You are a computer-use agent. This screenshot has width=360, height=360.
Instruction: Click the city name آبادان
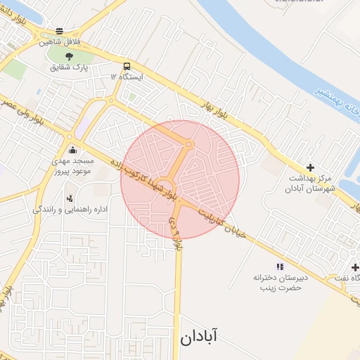pyautogui.click(x=198, y=336)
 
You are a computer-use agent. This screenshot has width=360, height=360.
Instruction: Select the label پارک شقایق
pyautogui.click(x=69, y=68)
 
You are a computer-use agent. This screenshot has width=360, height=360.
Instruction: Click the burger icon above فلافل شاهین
pyautogui.click(x=59, y=31)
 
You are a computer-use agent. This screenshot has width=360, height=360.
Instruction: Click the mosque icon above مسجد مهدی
pyautogui.click(x=73, y=149)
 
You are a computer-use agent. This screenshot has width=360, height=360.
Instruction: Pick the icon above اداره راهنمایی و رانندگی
pyautogui.click(x=69, y=198)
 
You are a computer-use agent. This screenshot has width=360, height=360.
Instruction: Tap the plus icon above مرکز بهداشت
pyautogui.click(x=311, y=167)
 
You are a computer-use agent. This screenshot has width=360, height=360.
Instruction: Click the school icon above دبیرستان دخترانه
pyautogui.click(x=280, y=266)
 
